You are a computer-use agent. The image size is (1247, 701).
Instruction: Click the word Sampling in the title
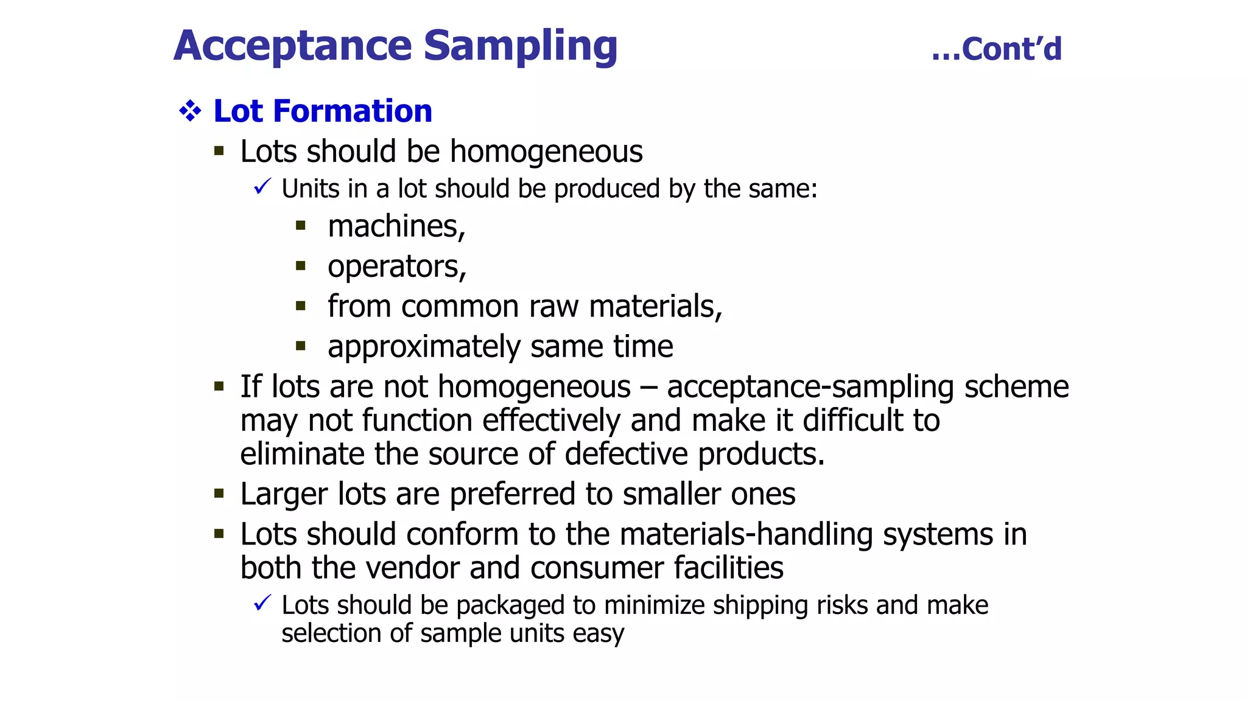[520, 46]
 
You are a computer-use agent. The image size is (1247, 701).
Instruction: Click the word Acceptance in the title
[293, 46]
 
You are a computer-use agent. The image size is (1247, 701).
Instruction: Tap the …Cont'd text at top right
[997, 49]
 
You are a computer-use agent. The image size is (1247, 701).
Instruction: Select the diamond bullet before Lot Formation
[190, 111]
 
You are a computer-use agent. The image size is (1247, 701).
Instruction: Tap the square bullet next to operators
[300, 266]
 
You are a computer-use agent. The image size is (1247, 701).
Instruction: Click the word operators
[396, 267]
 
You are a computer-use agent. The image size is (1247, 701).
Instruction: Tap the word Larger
[284, 494]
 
